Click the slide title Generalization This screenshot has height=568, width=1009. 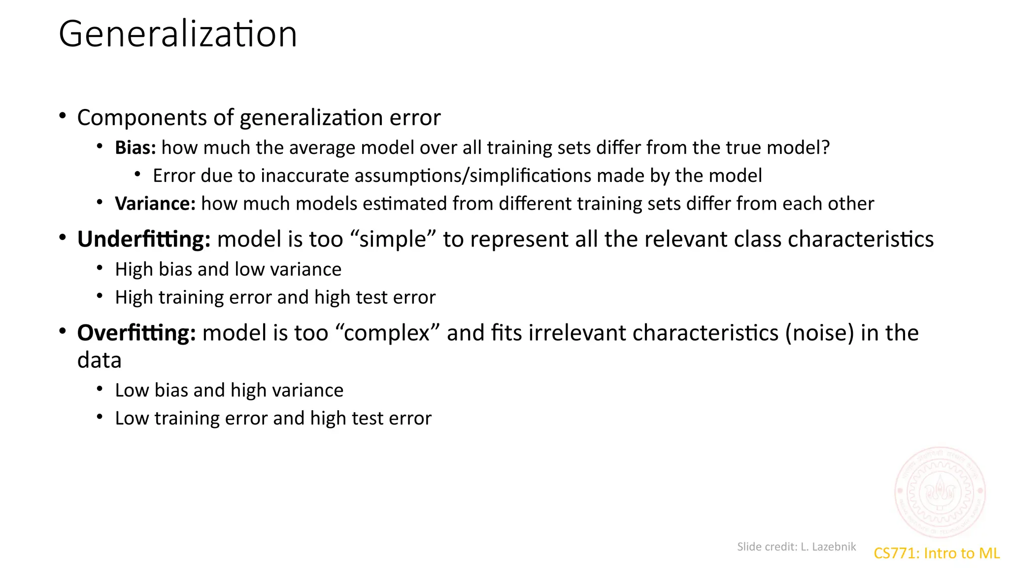[178, 34]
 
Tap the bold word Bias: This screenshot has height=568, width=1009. [135, 147]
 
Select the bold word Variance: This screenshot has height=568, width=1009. [155, 203]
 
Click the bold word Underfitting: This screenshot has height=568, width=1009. [144, 239]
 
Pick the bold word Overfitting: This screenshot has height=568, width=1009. [136, 333]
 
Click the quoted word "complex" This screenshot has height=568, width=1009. [387, 333]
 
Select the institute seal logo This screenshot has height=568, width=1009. [940, 492]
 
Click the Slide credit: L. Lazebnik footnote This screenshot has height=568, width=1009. [796, 546]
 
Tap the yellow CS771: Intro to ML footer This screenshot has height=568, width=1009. [936, 553]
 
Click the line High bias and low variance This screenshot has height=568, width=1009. [228, 269]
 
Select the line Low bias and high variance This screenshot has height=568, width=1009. [229, 390]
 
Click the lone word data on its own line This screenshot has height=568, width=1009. [100, 360]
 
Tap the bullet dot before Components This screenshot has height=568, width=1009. [63, 116]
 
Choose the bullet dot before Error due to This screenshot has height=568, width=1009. [137, 174]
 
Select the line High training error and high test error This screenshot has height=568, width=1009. [275, 297]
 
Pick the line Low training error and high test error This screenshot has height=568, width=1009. [273, 418]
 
